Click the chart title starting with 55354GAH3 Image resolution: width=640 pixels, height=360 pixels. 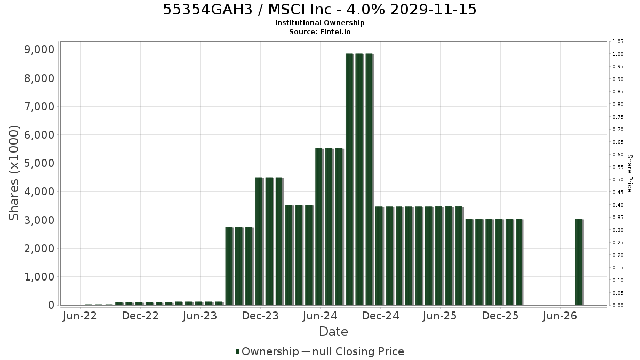[319, 10]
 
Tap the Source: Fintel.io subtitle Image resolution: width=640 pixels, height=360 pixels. [319, 31]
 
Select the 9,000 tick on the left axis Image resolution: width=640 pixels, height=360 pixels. [39, 50]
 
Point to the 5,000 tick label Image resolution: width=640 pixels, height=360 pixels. [39, 163]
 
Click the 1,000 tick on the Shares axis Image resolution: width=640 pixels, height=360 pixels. [39, 277]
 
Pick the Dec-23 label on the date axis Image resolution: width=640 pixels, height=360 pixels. [260, 316]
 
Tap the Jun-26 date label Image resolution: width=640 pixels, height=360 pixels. [560, 316]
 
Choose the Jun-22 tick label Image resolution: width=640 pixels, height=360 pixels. [80, 316]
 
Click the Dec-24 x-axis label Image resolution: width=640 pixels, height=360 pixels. [380, 316]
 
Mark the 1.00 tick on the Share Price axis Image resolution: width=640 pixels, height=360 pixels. [618, 54]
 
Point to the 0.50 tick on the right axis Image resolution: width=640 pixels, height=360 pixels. [618, 179]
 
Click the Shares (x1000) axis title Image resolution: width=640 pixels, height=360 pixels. [13, 173]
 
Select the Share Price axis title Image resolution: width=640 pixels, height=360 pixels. [630, 173]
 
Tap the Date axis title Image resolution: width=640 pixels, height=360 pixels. [333, 332]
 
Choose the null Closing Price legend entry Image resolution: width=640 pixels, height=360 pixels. [353, 351]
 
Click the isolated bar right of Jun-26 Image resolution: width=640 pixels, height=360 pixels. [579, 262]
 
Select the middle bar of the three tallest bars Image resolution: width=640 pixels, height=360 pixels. [359, 179]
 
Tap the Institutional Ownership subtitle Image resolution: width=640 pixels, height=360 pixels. [319, 23]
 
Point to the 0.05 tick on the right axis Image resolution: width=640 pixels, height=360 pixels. [618, 293]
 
